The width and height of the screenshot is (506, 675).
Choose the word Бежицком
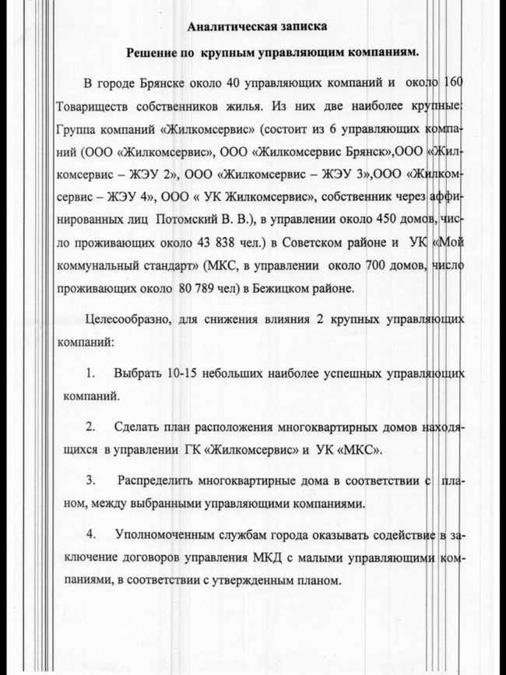click(290, 288)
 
